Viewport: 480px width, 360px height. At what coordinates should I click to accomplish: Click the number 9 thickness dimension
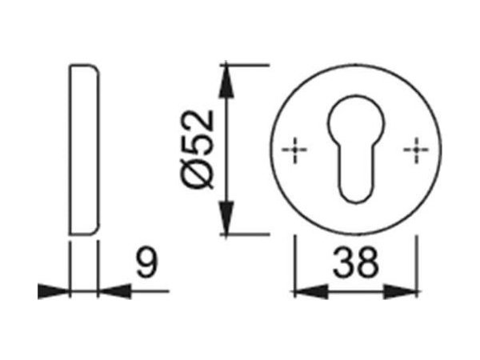tap(144, 261)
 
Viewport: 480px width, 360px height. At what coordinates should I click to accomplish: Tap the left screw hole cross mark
tap(296, 149)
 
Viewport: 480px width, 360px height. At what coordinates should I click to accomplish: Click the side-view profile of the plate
tap(82, 148)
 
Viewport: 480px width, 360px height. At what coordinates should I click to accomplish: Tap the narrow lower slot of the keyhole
tap(356, 176)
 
